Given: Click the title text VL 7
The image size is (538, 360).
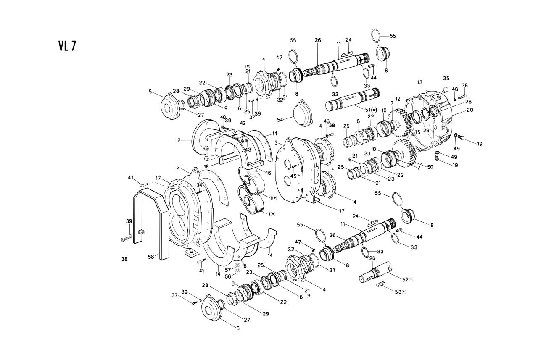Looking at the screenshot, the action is pos(67,46).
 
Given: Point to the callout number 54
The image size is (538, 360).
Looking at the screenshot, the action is pos(280,120).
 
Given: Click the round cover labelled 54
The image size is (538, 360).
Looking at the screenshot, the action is pos(303,114).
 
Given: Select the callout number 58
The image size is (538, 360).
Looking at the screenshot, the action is pos(151,257).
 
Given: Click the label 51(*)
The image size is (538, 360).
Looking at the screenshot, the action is pos(371,110).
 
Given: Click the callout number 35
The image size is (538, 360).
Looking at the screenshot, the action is pos(446,78).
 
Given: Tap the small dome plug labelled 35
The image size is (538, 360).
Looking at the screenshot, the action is pos(446,89).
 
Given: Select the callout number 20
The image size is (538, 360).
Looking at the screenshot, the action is pos(470,110).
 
